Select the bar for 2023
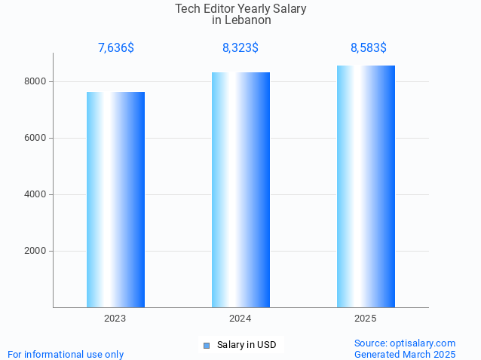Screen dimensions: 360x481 [x=115, y=200]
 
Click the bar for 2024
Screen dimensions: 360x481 [x=240, y=190]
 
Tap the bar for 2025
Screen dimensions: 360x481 [x=366, y=186]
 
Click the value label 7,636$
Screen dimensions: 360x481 [x=116, y=48]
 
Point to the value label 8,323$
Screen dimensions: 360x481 [x=240, y=48]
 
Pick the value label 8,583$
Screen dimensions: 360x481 [x=369, y=48]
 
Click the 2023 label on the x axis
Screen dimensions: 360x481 [x=115, y=319]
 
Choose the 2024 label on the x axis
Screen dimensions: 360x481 [x=240, y=319]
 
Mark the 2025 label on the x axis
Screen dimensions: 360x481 [x=366, y=319]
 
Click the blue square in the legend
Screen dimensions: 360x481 [x=206, y=346]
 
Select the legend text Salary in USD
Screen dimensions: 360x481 [x=247, y=346]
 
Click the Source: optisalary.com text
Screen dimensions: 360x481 [x=405, y=343]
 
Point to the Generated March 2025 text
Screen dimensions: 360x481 [x=405, y=354]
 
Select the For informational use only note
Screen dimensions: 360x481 [x=66, y=354]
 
